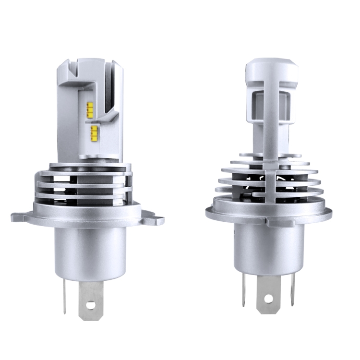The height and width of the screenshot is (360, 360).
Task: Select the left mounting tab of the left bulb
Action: click(19, 217)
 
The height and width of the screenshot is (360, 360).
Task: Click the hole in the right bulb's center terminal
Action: click(268, 299)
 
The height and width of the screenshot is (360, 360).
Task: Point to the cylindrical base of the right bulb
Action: click(268, 247)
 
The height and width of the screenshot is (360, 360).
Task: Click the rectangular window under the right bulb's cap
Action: click(257, 106)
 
